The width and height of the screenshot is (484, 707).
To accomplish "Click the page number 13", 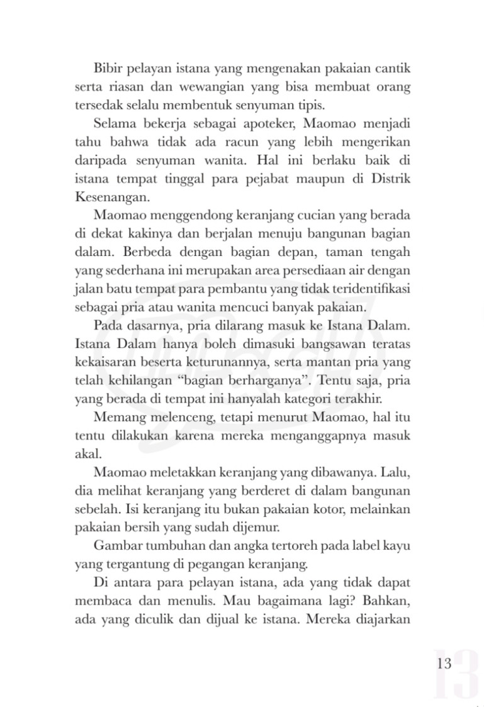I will tap(443, 664).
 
